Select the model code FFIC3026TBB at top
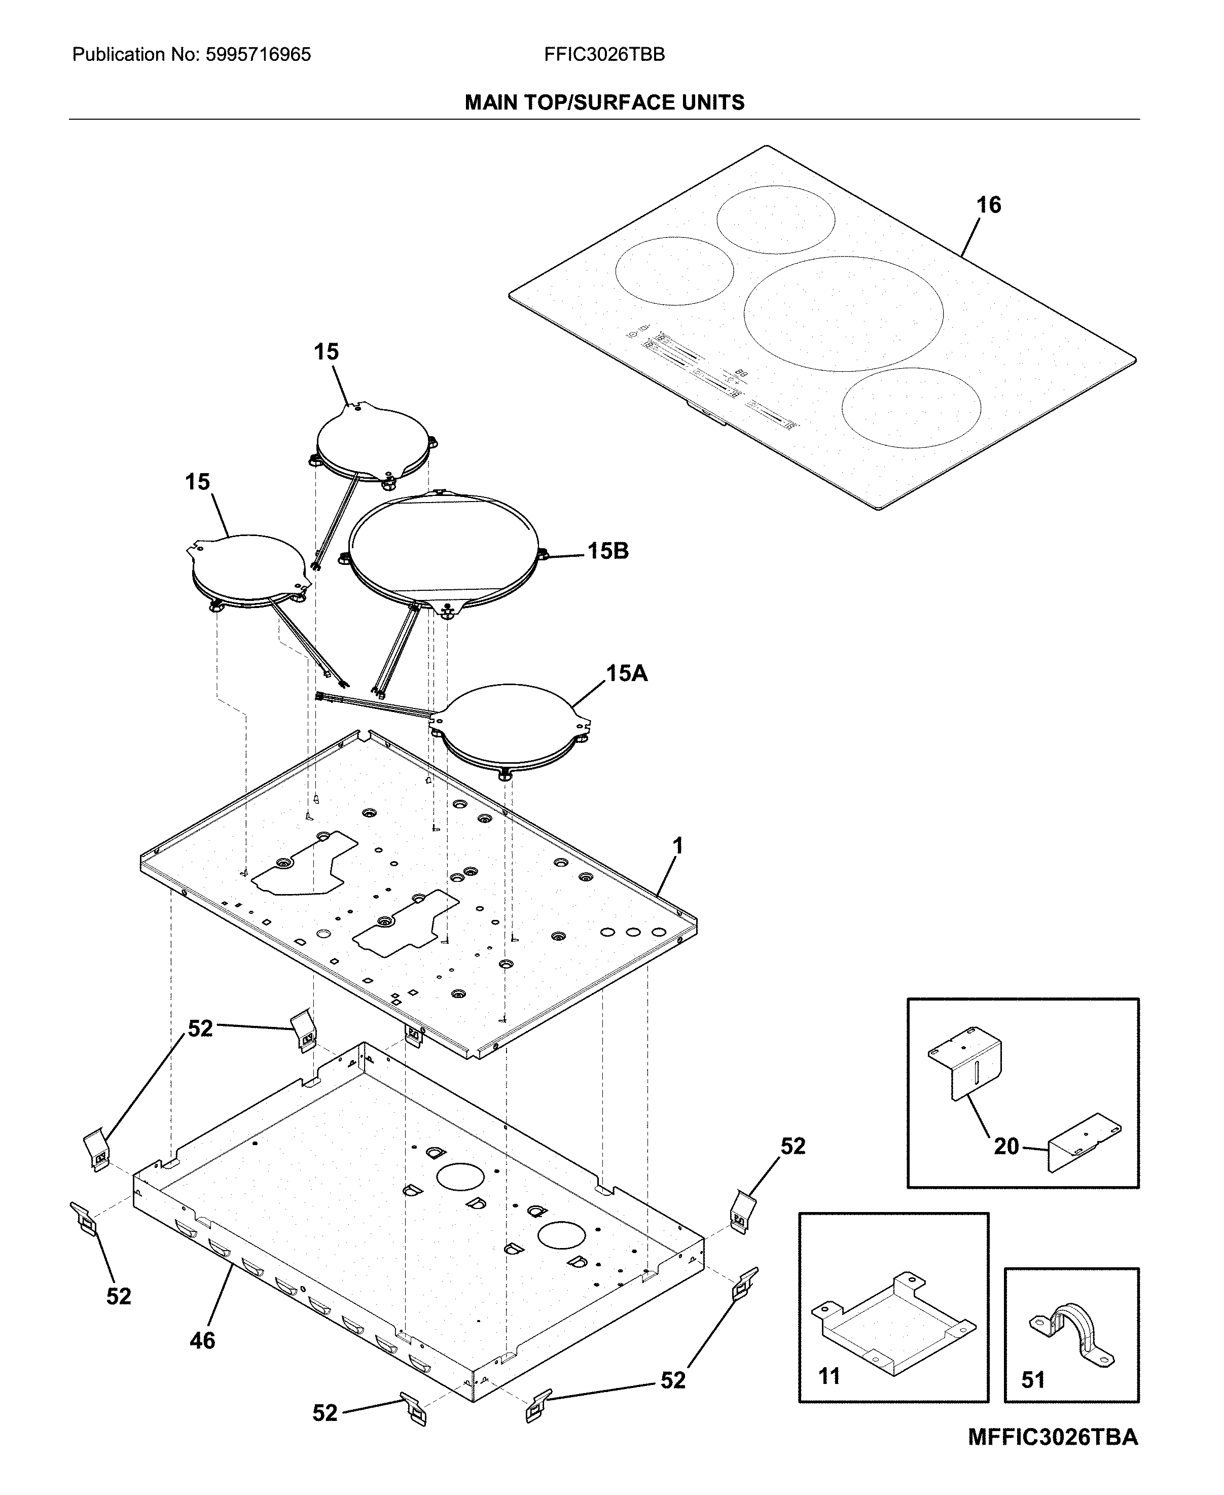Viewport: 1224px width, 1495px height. point(604,54)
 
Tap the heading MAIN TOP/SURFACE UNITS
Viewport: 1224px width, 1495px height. point(604,103)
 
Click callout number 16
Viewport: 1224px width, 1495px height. point(989,205)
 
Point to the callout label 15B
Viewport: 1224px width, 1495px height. point(608,551)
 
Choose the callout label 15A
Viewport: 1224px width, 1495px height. point(626,673)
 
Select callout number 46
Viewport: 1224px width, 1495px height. point(202,1340)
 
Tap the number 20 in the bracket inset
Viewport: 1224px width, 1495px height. point(1006,1147)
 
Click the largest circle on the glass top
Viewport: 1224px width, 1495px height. point(843,314)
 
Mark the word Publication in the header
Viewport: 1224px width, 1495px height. point(118,54)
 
